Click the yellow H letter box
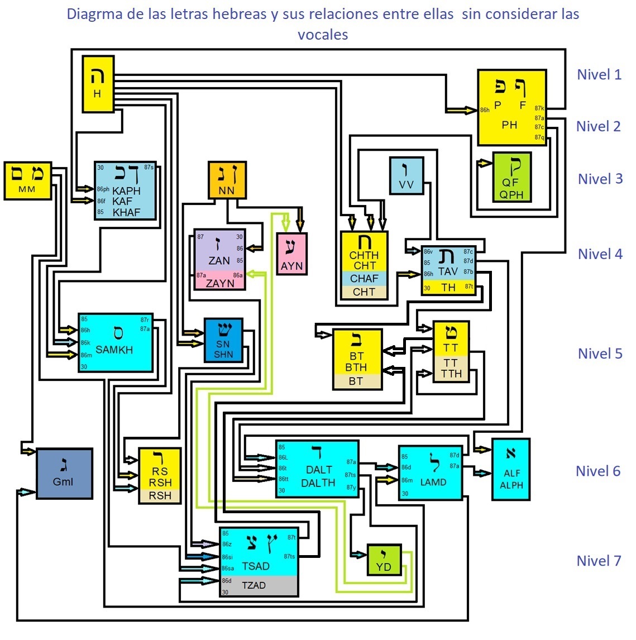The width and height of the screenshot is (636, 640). click(x=98, y=84)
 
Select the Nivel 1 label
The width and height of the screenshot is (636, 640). click(x=599, y=74)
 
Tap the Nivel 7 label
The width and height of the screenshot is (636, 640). click(x=599, y=561)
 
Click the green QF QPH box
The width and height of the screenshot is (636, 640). click(x=511, y=177)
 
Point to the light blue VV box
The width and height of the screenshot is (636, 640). click(x=407, y=175)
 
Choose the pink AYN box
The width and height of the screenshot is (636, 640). click(x=291, y=254)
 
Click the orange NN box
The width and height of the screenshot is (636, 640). click(x=227, y=180)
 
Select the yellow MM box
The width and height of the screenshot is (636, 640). click(x=27, y=180)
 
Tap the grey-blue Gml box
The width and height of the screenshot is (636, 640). click(x=64, y=473)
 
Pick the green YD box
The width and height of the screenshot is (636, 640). click(x=384, y=560)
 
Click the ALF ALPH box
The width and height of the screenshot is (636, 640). click(x=511, y=469)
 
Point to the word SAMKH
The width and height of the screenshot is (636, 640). click(x=114, y=350)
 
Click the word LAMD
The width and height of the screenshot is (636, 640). click(x=433, y=482)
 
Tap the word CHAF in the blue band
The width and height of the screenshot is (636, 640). click(x=364, y=278)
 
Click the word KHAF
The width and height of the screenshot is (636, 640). click(x=126, y=212)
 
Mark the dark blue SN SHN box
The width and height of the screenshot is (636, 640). click(x=223, y=340)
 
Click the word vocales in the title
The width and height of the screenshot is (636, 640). click(x=323, y=35)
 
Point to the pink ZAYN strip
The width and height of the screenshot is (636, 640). click(x=219, y=283)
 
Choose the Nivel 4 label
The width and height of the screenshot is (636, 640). click(x=600, y=254)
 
